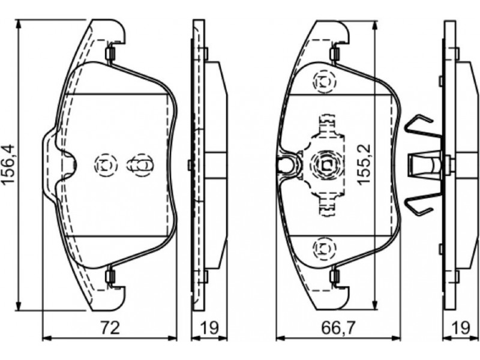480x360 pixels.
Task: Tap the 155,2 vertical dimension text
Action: (x=365, y=164)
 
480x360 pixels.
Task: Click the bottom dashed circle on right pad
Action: (x=324, y=248)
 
